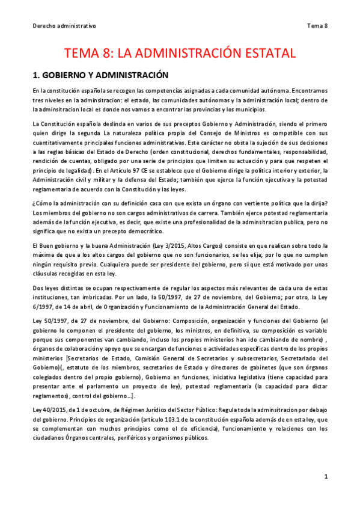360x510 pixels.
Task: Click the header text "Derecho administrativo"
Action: (64, 26)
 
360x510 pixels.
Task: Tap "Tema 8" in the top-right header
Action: (317, 26)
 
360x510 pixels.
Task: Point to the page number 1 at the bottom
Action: (325, 476)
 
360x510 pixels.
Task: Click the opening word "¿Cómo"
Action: (41, 204)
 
